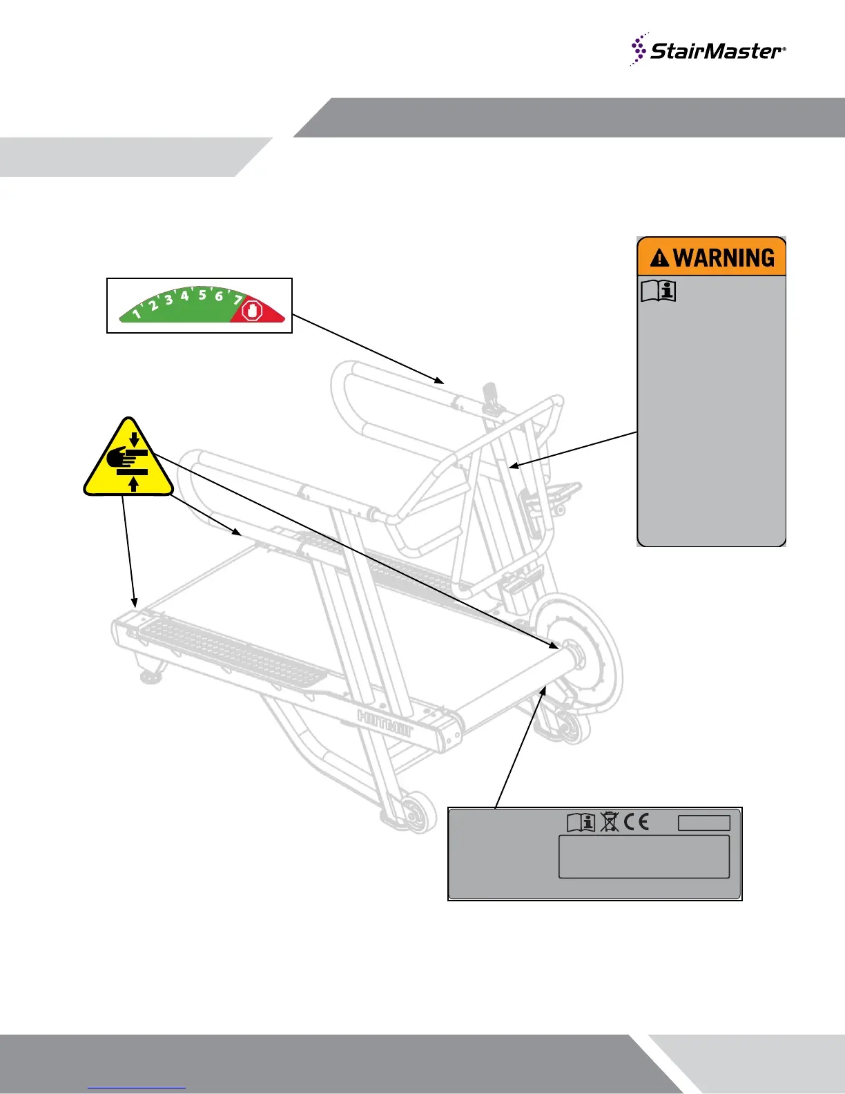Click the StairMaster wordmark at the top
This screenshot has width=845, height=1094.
click(717, 51)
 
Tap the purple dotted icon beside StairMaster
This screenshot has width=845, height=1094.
click(639, 49)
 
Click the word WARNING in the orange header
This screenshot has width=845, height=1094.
click(724, 258)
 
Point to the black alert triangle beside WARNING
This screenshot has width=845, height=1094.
click(660, 259)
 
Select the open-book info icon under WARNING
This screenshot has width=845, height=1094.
click(658, 291)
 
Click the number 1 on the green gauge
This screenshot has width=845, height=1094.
click(137, 314)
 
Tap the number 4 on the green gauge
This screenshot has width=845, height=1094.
click(185, 296)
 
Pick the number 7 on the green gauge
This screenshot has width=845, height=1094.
click(238, 300)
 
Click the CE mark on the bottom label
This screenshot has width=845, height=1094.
click(636, 822)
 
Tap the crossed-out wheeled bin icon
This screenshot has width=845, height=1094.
click(609, 822)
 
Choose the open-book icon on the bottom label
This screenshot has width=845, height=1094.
click(581, 822)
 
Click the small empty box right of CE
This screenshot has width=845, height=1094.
click(703, 823)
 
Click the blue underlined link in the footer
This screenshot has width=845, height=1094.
click(137, 1086)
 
